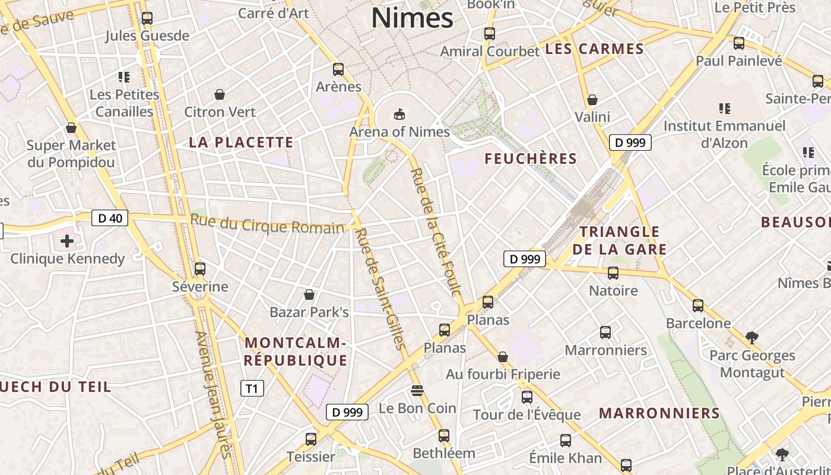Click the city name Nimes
click(413, 18)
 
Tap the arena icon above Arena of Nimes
click(398, 113)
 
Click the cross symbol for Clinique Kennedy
click(67, 241)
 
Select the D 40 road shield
click(110, 218)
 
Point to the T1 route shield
click(252, 388)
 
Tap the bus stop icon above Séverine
click(200, 268)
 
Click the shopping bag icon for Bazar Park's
click(309, 294)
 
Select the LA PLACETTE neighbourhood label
click(241, 142)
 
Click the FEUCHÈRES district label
click(531, 159)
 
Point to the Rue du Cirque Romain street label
click(267, 224)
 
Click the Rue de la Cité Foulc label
click(436, 232)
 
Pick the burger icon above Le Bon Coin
click(417, 390)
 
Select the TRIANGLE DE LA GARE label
click(620, 240)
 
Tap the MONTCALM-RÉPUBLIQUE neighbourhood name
click(295, 351)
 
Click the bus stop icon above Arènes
click(338, 69)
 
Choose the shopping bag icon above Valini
click(592, 100)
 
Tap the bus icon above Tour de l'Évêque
click(526, 397)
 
